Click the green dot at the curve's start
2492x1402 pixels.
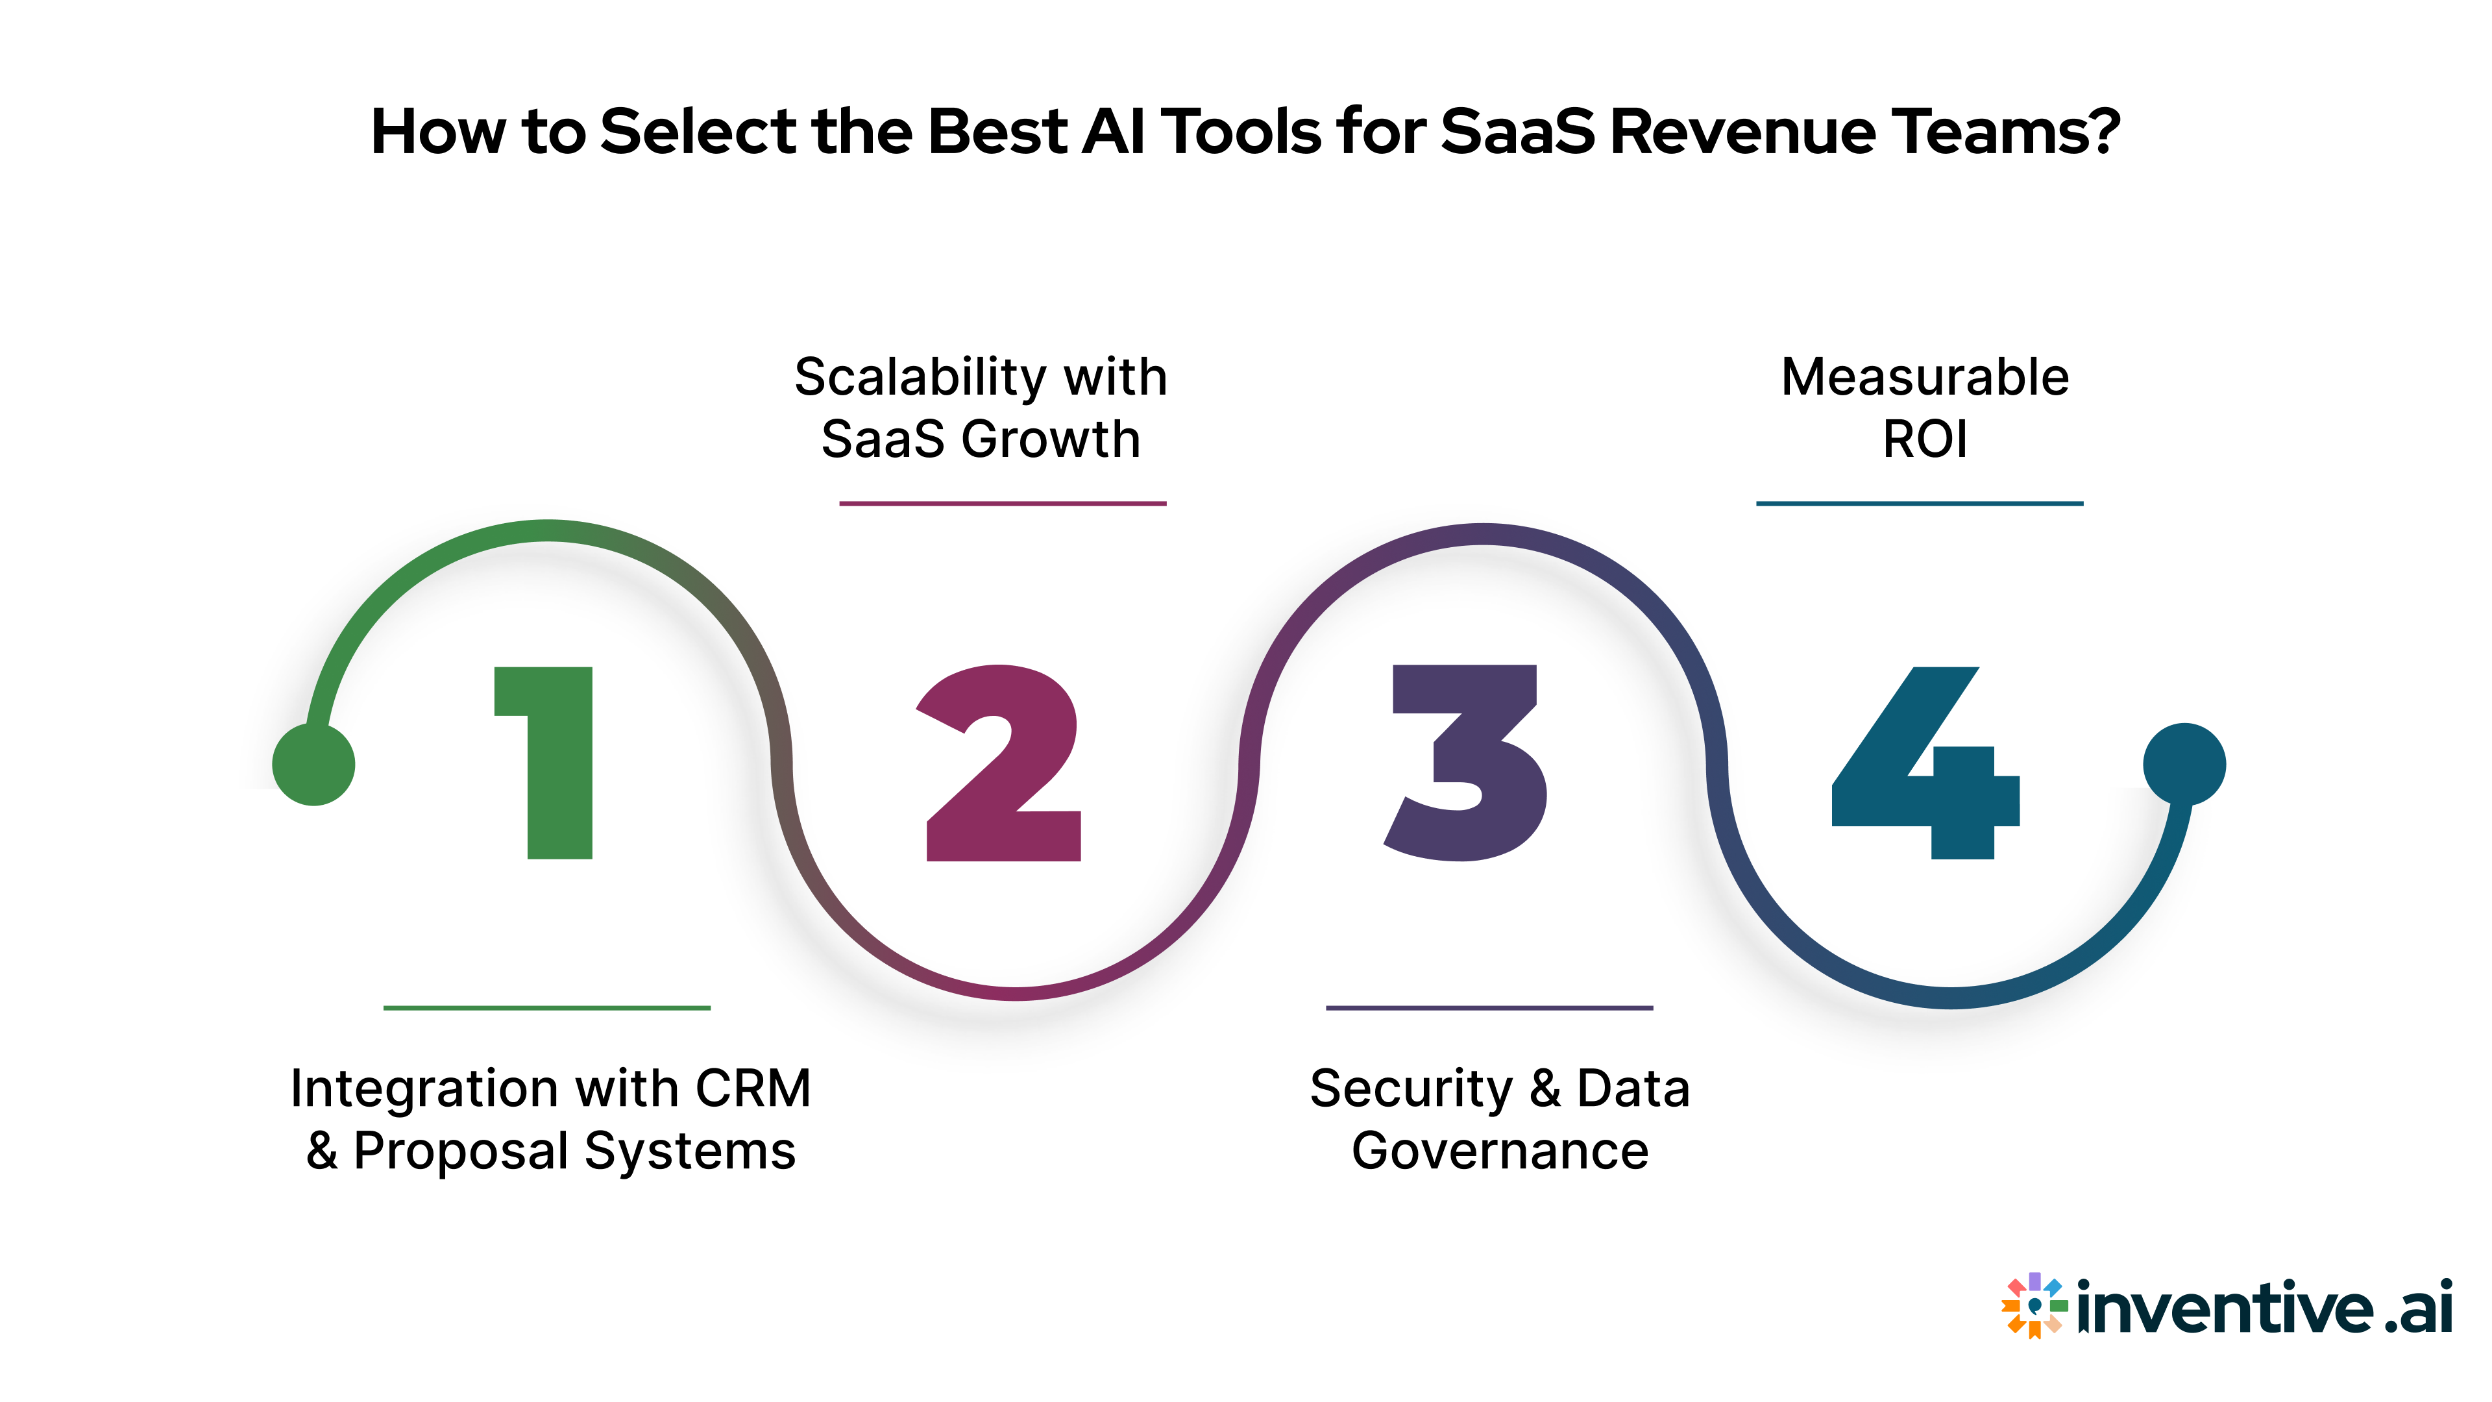313,765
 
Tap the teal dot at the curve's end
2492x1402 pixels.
2184,765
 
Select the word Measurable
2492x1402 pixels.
1924,377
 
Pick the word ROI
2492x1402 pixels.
1924,439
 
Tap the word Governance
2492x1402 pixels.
1500,1151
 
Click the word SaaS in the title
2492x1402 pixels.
1517,132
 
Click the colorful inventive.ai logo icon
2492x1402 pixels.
2033,1305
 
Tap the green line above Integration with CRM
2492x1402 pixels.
546,1008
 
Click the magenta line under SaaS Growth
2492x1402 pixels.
1002,503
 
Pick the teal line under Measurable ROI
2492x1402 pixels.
1920,503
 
